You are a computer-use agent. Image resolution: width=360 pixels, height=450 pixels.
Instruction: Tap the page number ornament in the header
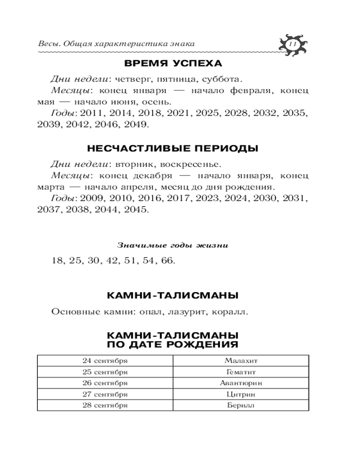coord(291,44)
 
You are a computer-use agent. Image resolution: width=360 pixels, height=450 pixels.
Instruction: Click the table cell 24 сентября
coord(105,361)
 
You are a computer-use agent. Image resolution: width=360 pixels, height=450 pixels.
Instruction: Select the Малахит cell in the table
coord(241,361)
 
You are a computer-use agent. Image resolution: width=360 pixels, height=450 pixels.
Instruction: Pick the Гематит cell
coord(241,372)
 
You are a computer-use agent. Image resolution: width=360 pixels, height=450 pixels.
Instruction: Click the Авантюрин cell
coord(241,383)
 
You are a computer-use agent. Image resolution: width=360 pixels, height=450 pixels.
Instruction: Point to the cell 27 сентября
coord(105,395)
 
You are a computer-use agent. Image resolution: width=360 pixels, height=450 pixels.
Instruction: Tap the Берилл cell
coord(241,405)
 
